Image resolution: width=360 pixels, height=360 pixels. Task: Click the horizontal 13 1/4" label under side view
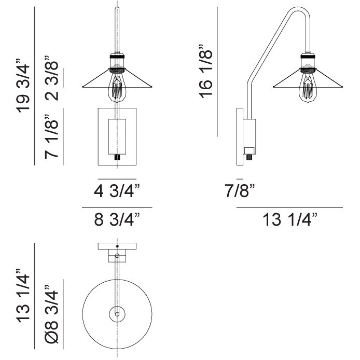(x=290, y=220)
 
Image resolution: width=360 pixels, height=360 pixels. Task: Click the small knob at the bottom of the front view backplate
(x=117, y=156)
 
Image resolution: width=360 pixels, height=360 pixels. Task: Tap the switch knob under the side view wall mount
(x=250, y=154)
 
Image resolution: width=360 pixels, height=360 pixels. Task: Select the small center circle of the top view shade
(x=117, y=313)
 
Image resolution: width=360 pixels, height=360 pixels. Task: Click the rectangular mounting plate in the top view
(x=117, y=247)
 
